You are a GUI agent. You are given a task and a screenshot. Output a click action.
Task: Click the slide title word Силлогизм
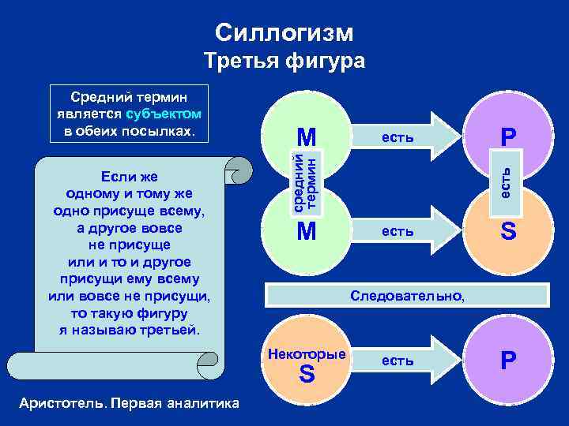(284, 32)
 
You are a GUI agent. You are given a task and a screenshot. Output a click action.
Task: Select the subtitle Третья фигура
(284, 62)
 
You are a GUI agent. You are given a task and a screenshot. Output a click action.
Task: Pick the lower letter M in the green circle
(306, 231)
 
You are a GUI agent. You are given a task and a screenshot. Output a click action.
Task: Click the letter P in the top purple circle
(507, 137)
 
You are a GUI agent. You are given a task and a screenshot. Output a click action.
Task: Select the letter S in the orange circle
(507, 231)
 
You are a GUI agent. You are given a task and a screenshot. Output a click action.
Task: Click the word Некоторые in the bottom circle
(307, 354)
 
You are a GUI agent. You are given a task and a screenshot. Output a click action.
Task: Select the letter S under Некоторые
(307, 375)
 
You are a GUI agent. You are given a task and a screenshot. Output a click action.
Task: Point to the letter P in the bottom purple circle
(507, 361)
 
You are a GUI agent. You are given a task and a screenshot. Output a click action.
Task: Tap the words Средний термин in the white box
(127, 98)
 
